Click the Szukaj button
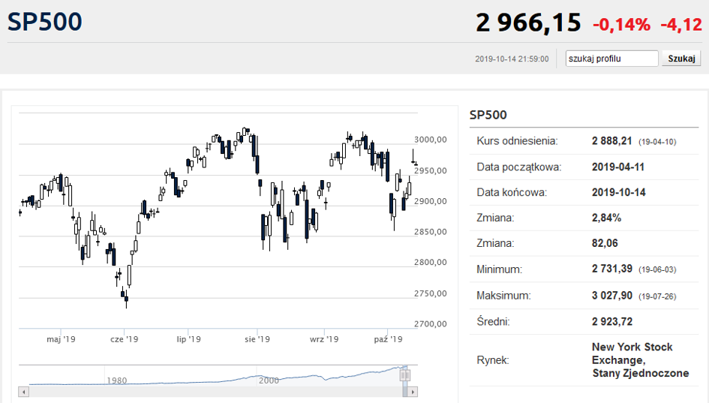[681, 59]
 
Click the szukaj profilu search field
[611, 59]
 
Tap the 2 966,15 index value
[528, 23]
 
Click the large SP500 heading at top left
[45, 22]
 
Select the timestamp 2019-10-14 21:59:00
[512, 59]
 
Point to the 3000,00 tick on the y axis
[431, 140]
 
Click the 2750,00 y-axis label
[431, 293]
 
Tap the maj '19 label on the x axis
[61, 339]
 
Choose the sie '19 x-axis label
[257, 339]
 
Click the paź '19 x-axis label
[388, 339]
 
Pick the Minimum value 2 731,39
[612, 269]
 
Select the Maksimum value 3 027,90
[612, 296]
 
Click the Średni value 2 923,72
[612, 322]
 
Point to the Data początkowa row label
[519, 167]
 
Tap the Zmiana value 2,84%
[606, 218]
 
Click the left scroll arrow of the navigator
[24, 392]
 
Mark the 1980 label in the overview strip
[116, 380]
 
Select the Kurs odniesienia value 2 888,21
[611, 141]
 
